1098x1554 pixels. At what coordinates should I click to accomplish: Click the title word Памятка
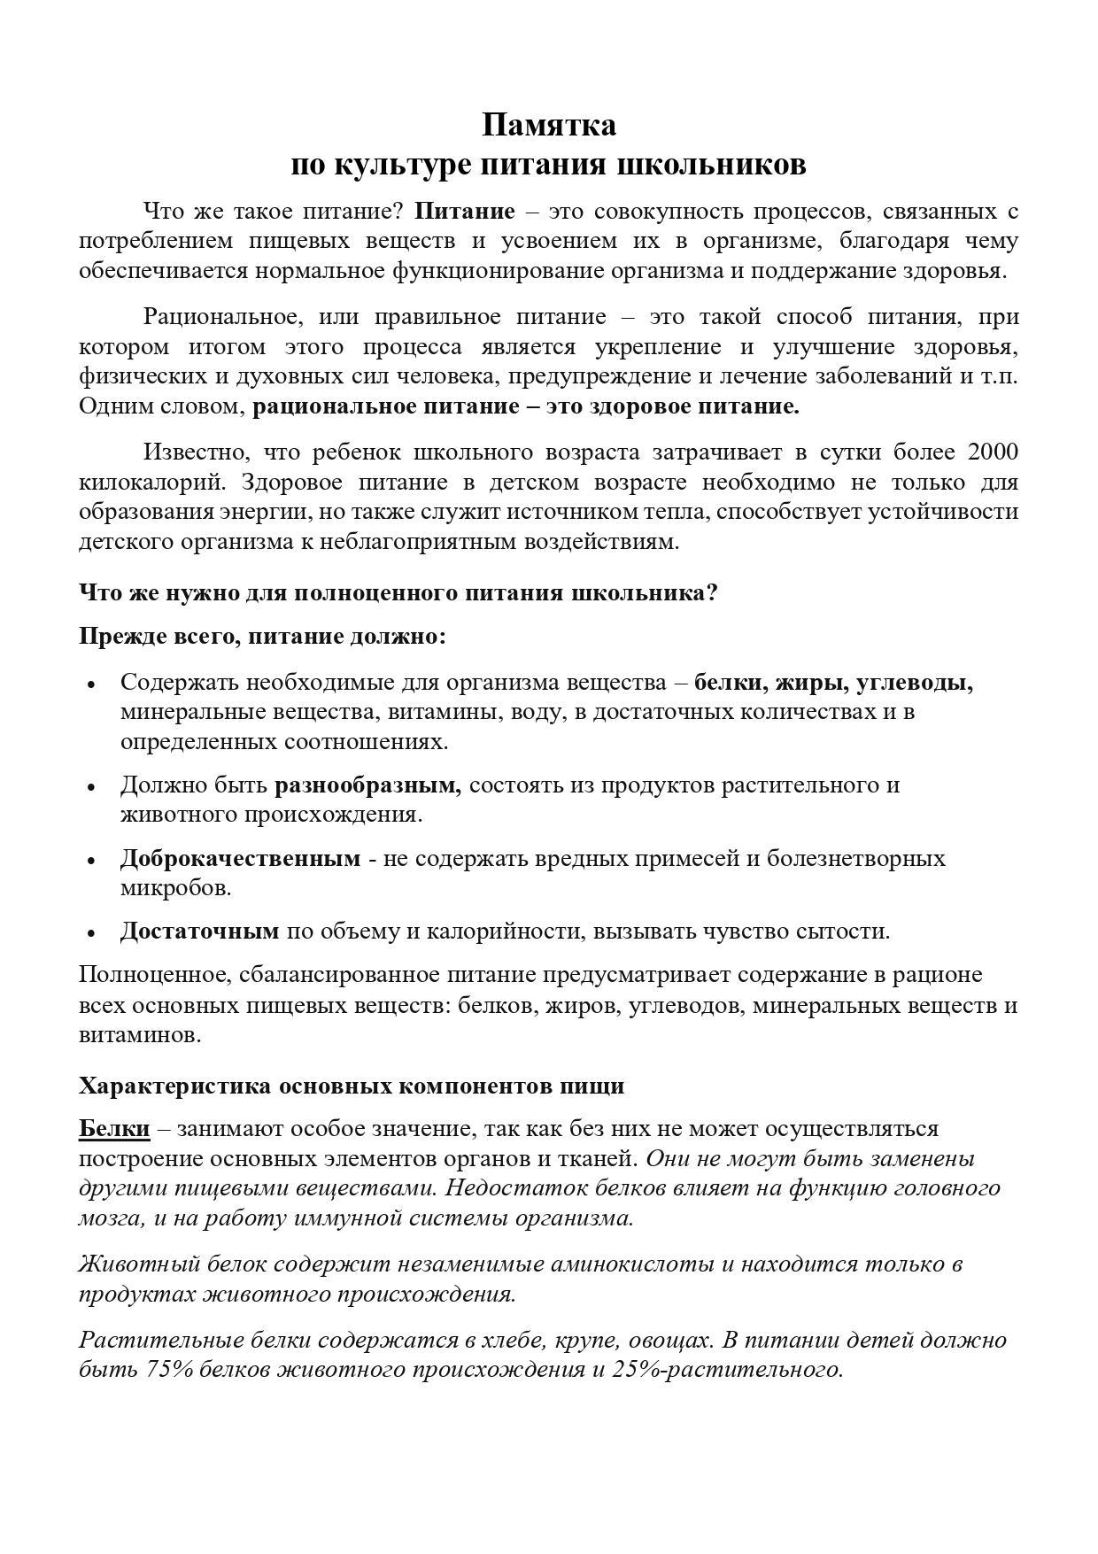(x=549, y=125)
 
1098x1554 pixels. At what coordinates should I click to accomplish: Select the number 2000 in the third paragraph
(x=993, y=452)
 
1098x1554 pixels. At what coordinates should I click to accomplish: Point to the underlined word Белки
(x=114, y=1129)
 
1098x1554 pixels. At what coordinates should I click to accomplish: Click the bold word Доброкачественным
(x=240, y=858)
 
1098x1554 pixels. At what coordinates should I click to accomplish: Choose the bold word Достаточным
(x=199, y=931)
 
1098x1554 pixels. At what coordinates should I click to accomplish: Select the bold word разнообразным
(x=367, y=785)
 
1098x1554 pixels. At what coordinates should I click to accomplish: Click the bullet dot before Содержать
(x=90, y=684)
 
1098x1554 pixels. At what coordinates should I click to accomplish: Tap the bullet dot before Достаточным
(x=90, y=933)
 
